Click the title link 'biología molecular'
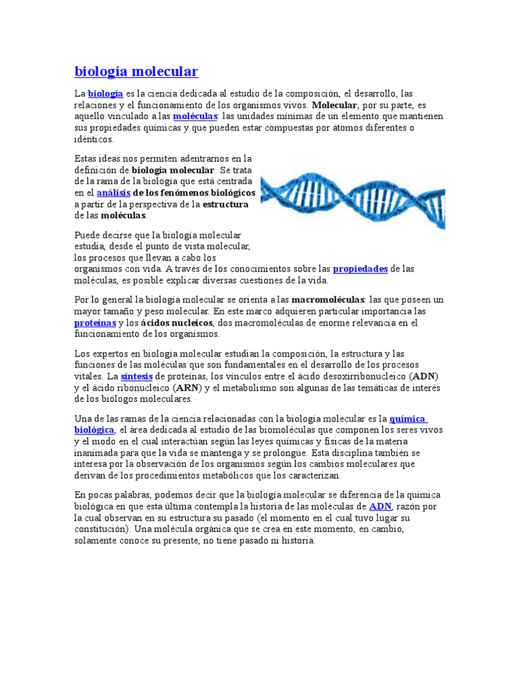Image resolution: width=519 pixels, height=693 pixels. coord(136,72)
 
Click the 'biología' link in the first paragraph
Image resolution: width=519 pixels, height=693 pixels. coord(105,94)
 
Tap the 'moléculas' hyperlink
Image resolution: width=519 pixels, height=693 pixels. coord(194,116)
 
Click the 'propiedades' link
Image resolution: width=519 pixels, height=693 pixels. coord(360,269)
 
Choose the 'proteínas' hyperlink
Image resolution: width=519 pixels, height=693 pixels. coord(91,323)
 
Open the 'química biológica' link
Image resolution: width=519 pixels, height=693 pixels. coord(94,430)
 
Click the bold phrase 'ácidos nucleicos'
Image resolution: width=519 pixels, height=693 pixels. coord(177,323)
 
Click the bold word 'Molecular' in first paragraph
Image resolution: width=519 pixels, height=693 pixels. coord(335,106)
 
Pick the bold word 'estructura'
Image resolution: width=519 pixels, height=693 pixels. coord(226,204)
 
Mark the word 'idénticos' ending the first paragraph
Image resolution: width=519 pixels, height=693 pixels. coord(94,139)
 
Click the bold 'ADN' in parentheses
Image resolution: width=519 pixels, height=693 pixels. coord(424,376)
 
